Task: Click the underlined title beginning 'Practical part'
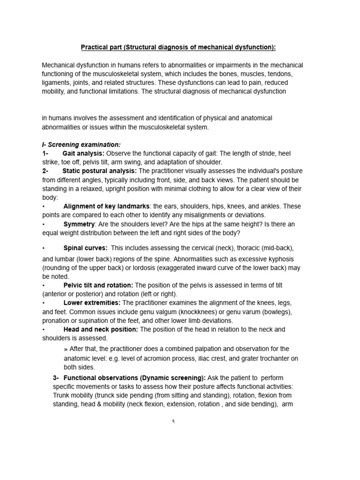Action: [x=179, y=47]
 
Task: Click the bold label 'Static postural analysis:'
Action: [x=100, y=171]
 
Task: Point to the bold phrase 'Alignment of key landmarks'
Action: [x=106, y=206]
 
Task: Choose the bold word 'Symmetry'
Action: [x=79, y=224]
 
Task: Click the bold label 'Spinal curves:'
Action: [x=85, y=247]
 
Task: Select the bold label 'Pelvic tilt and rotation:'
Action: [x=98, y=285]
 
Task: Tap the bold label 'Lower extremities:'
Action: [x=92, y=303]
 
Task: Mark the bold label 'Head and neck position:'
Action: [x=100, y=330]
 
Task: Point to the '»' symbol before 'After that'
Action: [x=65, y=349]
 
